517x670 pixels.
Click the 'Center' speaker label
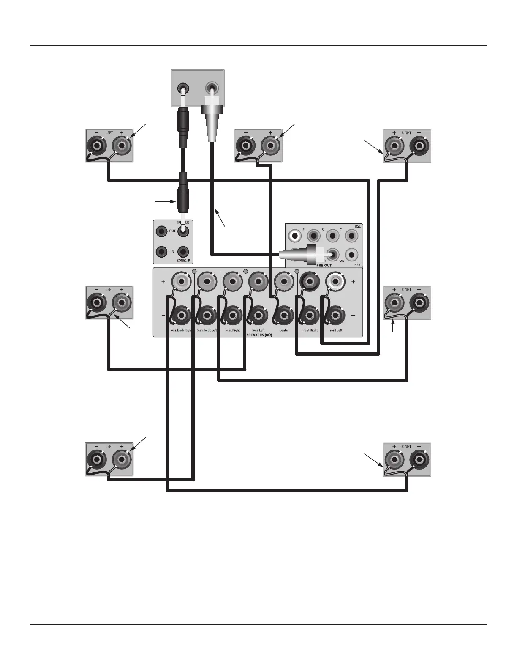tap(284, 330)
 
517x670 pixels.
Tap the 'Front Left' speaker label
tap(335, 330)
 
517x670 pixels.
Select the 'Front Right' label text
tap(310, 330)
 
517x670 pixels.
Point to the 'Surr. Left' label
tap(258, 330)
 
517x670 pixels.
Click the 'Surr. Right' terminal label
tap(232, 330)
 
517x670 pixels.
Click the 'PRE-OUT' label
tap(324, 265)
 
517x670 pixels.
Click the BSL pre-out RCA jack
tap(351, 235)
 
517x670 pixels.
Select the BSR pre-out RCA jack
tap(351, 255)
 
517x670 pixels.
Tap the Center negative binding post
tap(284, 315)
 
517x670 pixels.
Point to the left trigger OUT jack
tap(161, 232)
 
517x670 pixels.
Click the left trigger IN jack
tap(161, 252)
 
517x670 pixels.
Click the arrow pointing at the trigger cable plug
tap(164, 202)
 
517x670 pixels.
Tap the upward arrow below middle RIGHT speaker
tap(393, 326)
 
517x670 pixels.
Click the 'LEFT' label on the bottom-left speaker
tap(109, 447)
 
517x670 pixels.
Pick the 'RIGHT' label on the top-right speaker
tap(406, 133)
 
